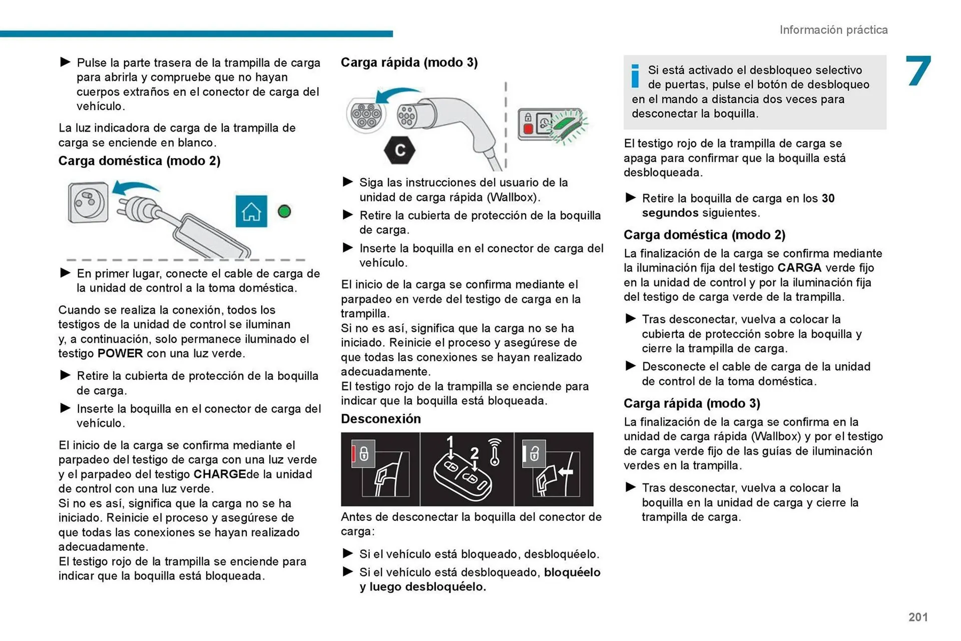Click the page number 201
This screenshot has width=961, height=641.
point(917,617)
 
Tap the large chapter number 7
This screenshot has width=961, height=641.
point(918,71)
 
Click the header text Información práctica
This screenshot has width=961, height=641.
point(833,30)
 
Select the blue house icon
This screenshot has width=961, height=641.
point(251,211)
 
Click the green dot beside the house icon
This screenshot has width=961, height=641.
point(284,211)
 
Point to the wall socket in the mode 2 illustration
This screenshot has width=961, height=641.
point(89,203)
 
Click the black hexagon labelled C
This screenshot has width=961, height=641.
point(399,150)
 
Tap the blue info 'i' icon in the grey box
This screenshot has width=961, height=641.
point(635,76)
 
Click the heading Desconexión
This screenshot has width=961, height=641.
point(380,419)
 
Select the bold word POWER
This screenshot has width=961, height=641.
point(120,354)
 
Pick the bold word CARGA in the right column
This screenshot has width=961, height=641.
point(799,268)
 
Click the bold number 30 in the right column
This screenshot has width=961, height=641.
point(828,199)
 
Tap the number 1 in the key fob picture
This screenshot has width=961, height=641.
point(450,442)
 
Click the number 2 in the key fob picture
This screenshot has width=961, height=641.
point(474,453)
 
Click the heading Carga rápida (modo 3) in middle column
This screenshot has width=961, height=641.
point(409,63)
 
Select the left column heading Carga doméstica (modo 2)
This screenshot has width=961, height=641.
point(139,161)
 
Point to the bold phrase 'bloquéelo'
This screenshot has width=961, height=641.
point(572,572)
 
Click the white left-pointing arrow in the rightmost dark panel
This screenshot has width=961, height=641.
point(566,471)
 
